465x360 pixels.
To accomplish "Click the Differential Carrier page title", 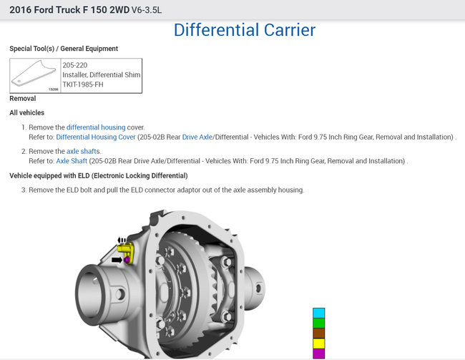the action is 245,30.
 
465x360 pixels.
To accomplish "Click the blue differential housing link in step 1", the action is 96,127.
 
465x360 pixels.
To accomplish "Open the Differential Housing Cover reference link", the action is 96,137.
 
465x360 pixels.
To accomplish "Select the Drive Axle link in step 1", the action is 197,137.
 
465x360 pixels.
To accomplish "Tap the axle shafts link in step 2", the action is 83,151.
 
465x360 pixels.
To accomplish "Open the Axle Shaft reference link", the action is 72,161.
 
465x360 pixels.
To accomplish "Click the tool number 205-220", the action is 74,65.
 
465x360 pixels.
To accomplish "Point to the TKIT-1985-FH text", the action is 83,84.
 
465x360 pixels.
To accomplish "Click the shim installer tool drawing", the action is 34,74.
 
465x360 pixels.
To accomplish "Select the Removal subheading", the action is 23,98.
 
